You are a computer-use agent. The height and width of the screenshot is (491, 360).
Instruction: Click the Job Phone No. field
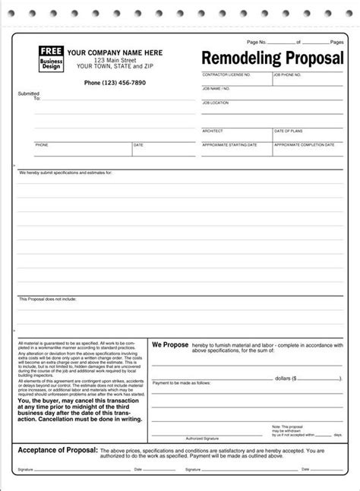[308, 81]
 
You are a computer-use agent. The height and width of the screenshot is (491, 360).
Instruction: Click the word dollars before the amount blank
[276, 377]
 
